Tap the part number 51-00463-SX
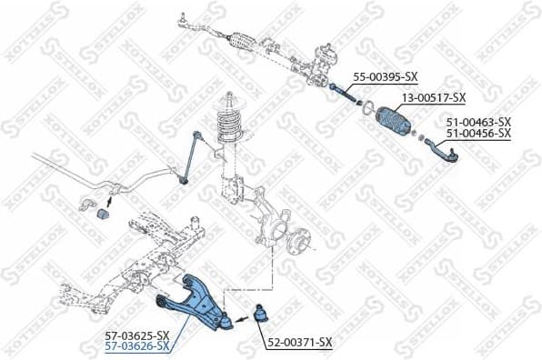click(x=478, y=121)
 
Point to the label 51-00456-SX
click(x=478, y=133)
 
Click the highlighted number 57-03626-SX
click(x=136, y=346)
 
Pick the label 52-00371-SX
click(x=300, y=342)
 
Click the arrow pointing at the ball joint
click(x=244, y=319)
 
